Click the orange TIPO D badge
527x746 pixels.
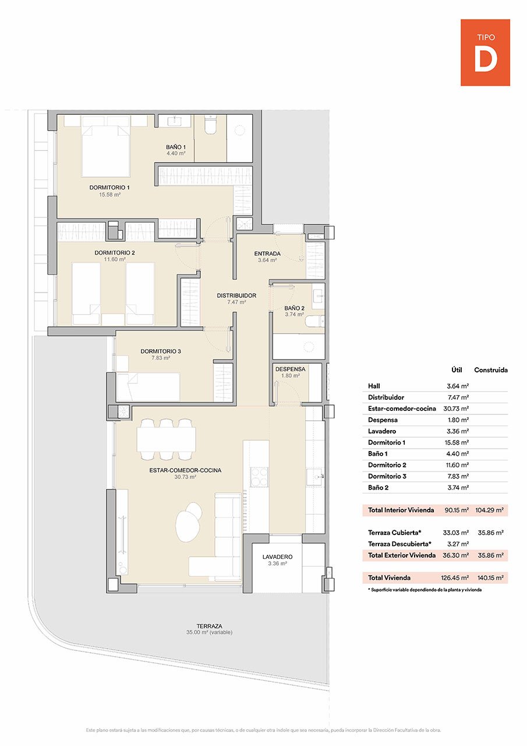[485, 52]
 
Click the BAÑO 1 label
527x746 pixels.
[176, 147]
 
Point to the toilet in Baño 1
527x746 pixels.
[210, 126]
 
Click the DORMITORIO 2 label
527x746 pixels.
[115, 253]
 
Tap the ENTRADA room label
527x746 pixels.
[267, 254]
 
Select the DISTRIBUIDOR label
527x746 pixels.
[236, 296]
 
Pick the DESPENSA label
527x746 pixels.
[290, 369]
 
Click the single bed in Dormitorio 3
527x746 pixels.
[148, 387]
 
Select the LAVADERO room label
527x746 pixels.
[277, 557]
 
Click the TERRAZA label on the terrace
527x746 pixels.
[209, 625]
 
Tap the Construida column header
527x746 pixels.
[490, 370]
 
